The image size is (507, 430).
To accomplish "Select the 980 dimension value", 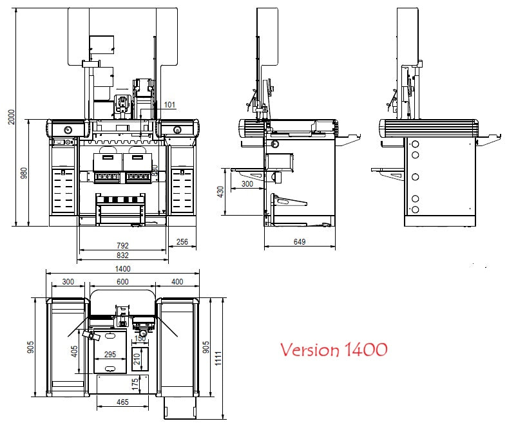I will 24,173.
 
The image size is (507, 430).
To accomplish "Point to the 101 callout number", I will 169,105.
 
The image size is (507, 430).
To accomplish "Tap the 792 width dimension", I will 122,245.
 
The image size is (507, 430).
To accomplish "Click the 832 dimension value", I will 122,256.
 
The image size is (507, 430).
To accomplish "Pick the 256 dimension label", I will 182,242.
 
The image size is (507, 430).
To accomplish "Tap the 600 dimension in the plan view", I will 122,282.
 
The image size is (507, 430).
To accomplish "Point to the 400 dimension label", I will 177,282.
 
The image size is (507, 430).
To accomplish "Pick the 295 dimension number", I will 110,355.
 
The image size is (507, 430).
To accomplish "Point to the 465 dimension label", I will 122,402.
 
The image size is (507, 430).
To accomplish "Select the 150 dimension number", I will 140,339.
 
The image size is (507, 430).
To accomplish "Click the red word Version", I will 308,350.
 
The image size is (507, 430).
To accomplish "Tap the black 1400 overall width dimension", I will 122,269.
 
